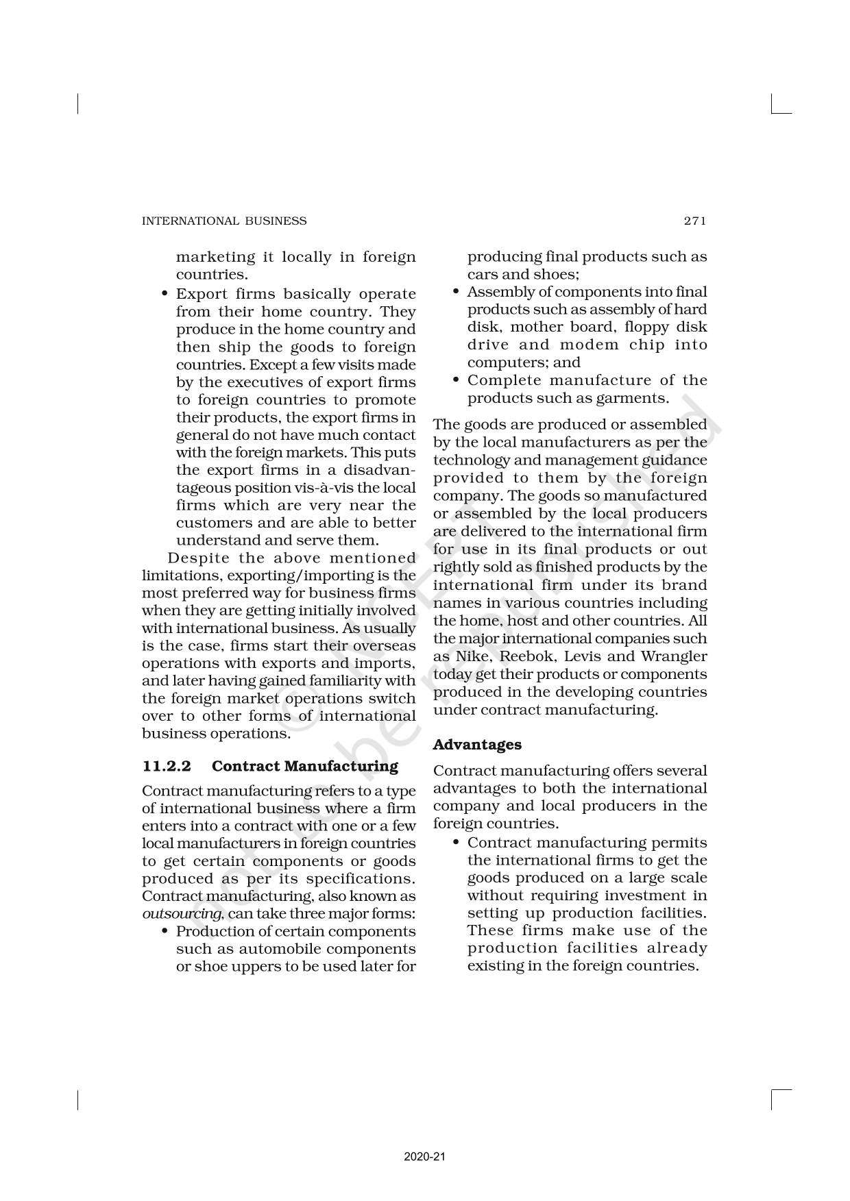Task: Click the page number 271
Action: click(694, 221)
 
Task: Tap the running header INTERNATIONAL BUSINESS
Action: click(224, 221)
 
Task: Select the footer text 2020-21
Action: click(425, 1157)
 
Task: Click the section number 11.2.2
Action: click(167, 766)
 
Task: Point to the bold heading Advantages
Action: click(477, 745)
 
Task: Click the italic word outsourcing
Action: click(182, 914)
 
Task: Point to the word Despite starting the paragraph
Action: click(199, 558)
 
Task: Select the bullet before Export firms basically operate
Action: click(165, 294)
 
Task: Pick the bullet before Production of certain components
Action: click(165, 932)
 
